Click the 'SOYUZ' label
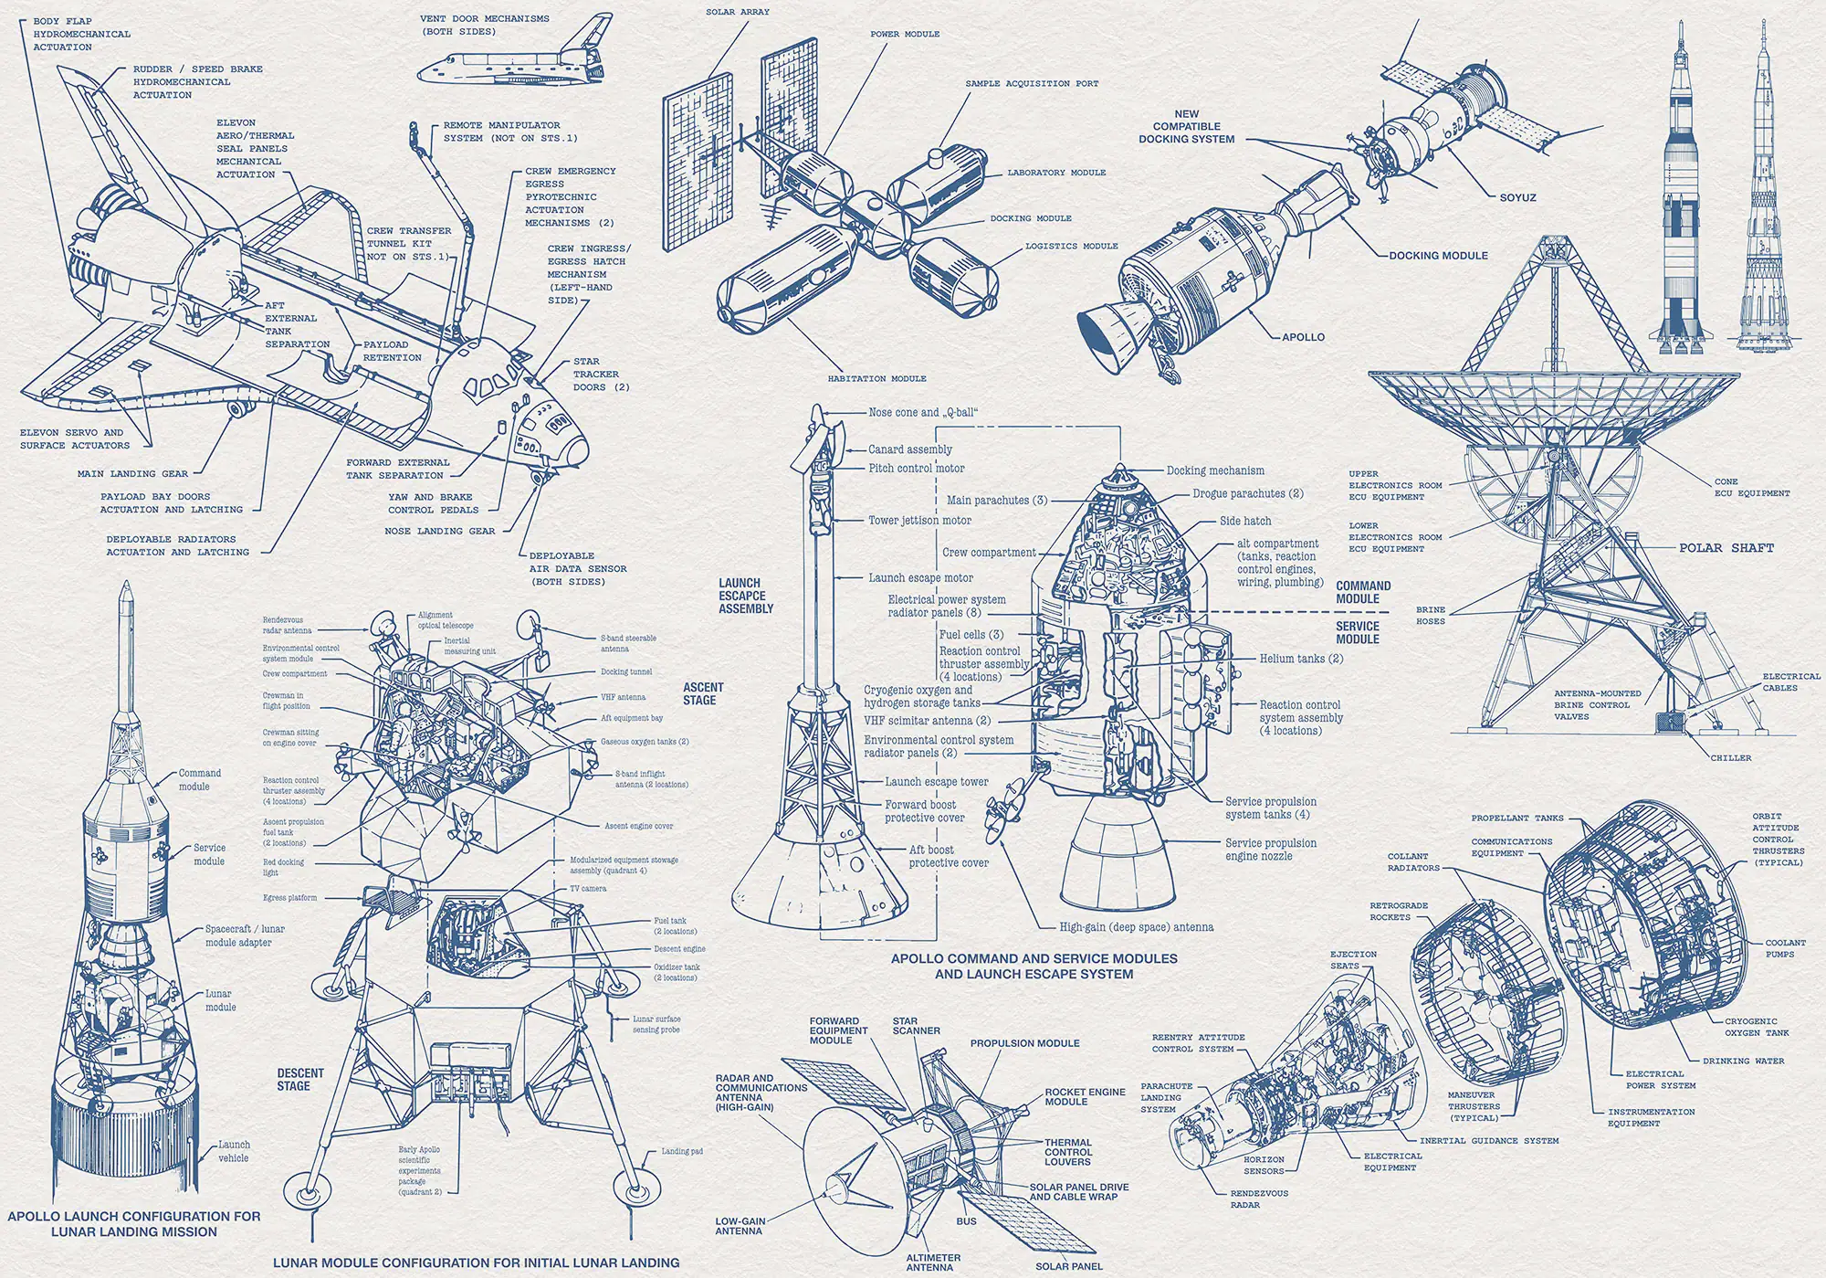(x=1517, y=197)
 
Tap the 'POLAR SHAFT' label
(x=1726, y=548)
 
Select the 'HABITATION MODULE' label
(x=876, y=378)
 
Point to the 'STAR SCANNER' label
(x=916, y=1025)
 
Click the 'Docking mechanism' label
(x=1215, y=470)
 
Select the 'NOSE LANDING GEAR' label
(x=439, y=531)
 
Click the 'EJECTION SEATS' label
(x=1353, y=959)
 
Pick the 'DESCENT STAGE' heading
(x=300, y=1079)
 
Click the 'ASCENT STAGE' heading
(x=703, y=693)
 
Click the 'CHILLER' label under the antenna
(x=1731, y=757)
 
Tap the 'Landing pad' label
(x=682, y=1151)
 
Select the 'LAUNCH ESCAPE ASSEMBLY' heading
(x=745, y=596)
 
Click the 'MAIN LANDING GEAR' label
(x=132, y=474)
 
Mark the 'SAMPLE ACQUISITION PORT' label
(x=1032, y=83)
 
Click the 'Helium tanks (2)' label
(x=1301, y=658)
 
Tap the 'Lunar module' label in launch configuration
(x=220, y=1000)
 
